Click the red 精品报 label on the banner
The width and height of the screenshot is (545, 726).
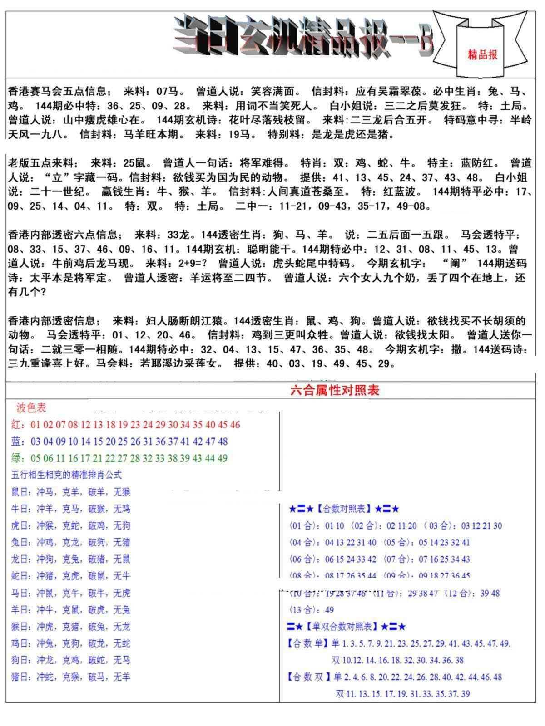coord(482,54)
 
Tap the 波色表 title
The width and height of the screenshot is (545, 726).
coord(31,408)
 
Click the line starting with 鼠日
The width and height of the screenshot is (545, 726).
coord(70,492)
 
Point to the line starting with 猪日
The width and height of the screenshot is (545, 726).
coord(70,677)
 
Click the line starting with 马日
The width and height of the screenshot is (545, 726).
coord(70,593)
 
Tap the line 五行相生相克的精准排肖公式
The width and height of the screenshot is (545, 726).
coord(66,475)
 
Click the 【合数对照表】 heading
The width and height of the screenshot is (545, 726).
coord(344,509)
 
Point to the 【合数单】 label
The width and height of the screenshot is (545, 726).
coord(307,643)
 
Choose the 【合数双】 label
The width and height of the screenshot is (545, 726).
coord(307,677)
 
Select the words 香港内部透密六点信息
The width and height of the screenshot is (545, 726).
coord(64,235)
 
